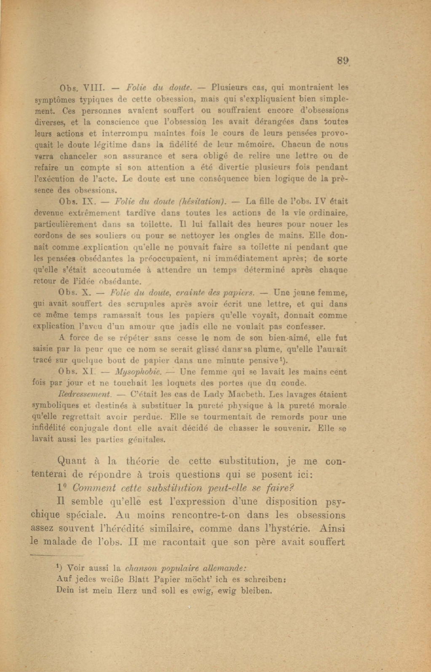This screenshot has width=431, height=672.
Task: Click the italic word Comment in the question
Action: click(94, 488)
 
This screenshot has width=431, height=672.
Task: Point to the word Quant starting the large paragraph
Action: click(71, 461)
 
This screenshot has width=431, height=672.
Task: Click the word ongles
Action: click(257, 236)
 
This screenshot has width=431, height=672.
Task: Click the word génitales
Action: click(146, 440)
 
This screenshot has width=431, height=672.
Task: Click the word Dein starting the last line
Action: click(64, 591)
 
